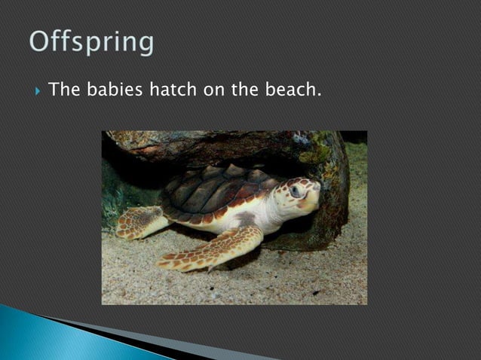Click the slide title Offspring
(x=92, y=43)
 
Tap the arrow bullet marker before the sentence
(x=35, y=92)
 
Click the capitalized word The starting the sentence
(x=64, y=90)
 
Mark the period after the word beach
(x=319, y=95)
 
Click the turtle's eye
(x=296, y=191)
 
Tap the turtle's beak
(x=315, y=195)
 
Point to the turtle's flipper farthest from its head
(x=139, y=221)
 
